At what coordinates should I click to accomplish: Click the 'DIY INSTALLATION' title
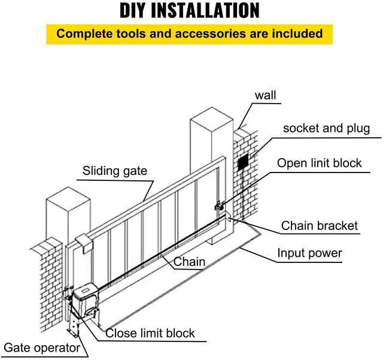pos(190,10)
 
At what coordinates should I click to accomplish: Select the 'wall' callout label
pos(266,95)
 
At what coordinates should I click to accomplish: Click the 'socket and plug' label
pos(326,128)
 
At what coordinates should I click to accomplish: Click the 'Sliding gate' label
pos(114,171)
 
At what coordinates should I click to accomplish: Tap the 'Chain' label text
pos(189,262)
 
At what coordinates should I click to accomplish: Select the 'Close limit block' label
pos(150,333)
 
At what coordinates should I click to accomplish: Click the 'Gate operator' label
pos(42,347)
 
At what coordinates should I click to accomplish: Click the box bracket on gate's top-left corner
pos(83,241)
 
